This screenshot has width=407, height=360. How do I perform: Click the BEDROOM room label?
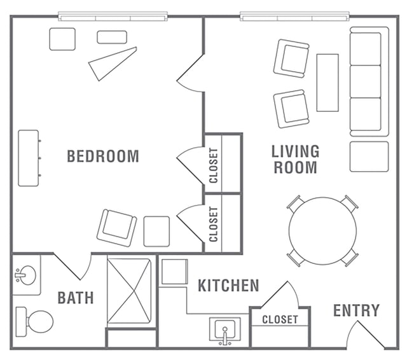[x=103, y=156]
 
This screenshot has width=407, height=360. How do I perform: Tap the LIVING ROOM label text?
[x=295, y=159]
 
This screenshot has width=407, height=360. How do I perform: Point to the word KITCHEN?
[x=228, y=286]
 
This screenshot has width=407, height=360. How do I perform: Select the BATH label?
[x=76, y=298]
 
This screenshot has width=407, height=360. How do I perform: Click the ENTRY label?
[x=356, y=310]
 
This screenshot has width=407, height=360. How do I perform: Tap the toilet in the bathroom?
[x=34, y=322]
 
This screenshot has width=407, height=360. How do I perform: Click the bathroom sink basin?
[x=25, y=275]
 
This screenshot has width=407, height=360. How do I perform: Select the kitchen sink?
[x=225, y=331]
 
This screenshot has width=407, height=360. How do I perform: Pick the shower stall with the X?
[x=129, y=291]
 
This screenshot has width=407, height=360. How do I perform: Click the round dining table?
[x=322, y=231]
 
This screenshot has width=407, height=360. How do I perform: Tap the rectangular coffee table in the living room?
[x=328, y=83]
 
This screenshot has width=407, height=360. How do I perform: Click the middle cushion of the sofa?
[x=366, y=81]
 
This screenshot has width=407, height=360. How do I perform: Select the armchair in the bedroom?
[x=117, y=228]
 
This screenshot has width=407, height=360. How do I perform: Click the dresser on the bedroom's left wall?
[x=29, y=158]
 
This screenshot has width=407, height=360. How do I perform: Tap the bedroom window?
[x=113, y=17]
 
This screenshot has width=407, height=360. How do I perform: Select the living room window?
[x=294, y=17]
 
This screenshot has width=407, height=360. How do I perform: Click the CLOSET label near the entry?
[x=280, y=320]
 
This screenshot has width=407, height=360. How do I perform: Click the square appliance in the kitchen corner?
[x=174, y=272]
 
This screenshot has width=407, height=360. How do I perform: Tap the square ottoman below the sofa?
[x=369, y=156]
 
